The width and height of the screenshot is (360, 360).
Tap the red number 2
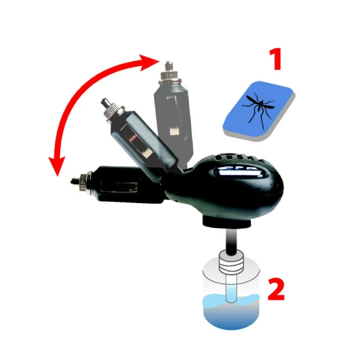(277, 289)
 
